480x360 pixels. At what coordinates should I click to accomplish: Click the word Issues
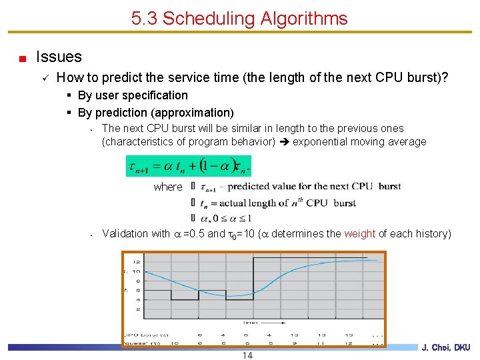click(59, 57)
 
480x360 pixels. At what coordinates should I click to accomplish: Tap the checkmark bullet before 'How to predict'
click(43, 79)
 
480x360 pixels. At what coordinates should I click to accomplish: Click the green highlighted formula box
click(188, 165)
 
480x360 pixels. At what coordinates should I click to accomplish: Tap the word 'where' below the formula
click(167, 187)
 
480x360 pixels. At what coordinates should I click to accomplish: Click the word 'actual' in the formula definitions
click(231, 203)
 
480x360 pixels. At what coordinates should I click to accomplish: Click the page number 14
click(247, 355)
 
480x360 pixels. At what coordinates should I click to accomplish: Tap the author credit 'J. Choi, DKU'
click(446, 347)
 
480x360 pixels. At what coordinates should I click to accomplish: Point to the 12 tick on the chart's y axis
click(137, 261)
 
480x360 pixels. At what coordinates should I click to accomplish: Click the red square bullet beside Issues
click(23, 58)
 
